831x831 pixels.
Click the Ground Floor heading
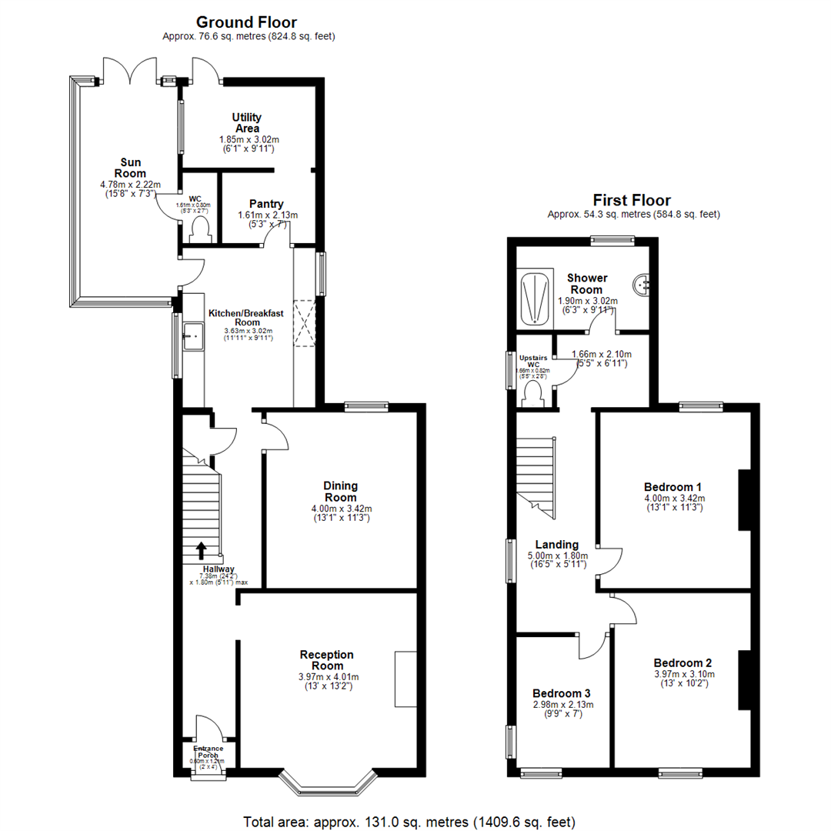tap(246, 22)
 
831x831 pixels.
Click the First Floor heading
tap(632, 200)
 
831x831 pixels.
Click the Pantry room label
tap(265, 204)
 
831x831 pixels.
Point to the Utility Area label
tap(246, 123)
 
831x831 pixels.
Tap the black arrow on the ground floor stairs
tap(202, 549)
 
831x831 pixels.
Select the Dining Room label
tap(339, 492)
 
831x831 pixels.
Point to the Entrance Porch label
tap(208, 753)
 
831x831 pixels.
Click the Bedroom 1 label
tap(672, 487)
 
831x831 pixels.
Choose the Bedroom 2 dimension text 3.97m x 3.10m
tap(682, 673)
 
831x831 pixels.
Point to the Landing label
tap(557, 545)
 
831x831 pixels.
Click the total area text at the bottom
tap(409, 820)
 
